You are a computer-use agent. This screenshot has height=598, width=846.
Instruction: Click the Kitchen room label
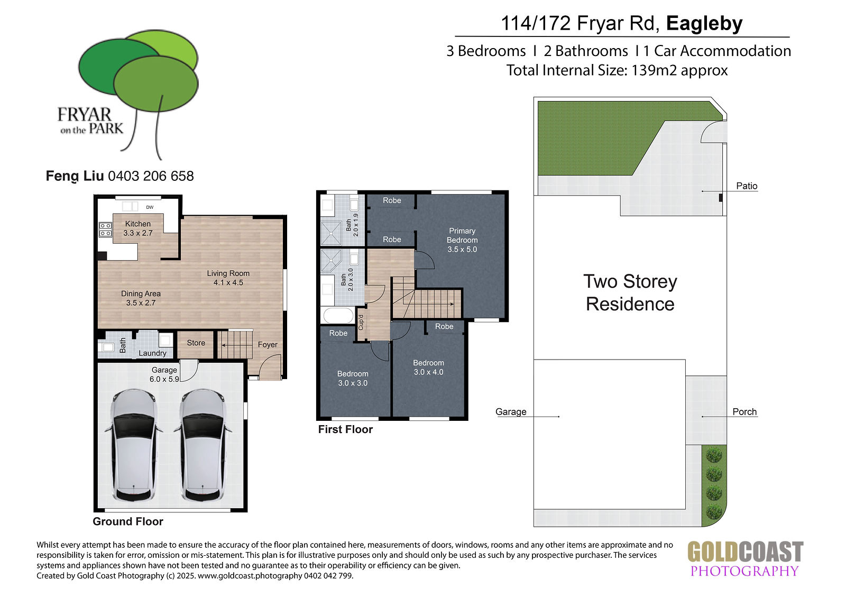pyautogui.click(x=138, y=224)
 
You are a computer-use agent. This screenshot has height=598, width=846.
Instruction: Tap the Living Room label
pyautogui.click(x=228, y=273)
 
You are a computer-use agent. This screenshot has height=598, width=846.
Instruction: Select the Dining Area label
pyautogui.click(x=141, y=293)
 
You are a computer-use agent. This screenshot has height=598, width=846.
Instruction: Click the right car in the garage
pyautogui.click(x=203, y=445)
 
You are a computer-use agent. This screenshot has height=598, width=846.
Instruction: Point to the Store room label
pyautogui.click(x=196, y=343)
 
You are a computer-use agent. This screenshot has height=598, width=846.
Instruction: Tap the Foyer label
pyautogui.click(x=268, y=345)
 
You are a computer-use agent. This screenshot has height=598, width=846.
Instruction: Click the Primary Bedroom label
pyautogui.click(x=462, y=235)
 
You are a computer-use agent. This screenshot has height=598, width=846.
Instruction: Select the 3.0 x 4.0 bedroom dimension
pyautogui.click(x=429, y=372)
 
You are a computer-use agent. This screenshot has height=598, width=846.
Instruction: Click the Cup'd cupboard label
pyautogui.click(x=361, y=322)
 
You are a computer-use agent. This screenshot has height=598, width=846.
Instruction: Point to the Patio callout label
pyautogui.click(x=747, y=186)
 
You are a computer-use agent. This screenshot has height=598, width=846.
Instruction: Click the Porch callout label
pyautogui.click(x=744, y=412)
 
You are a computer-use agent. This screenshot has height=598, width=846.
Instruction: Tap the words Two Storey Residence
pyautogui.click(x=630, y=293)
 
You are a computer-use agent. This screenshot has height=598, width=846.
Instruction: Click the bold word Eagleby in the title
pyautogui.click(x=704, y=23)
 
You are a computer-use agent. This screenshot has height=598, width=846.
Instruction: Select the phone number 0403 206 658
pyautogui.click(x=151, y=176)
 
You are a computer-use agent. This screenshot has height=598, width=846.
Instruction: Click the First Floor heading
pyautogui.click(x=345, y=429)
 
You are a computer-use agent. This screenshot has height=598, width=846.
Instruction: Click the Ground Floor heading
pyautogui.click(x=128, y=522)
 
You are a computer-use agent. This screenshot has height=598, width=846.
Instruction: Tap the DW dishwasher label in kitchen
pyautogui.click(x=150, y=207)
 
